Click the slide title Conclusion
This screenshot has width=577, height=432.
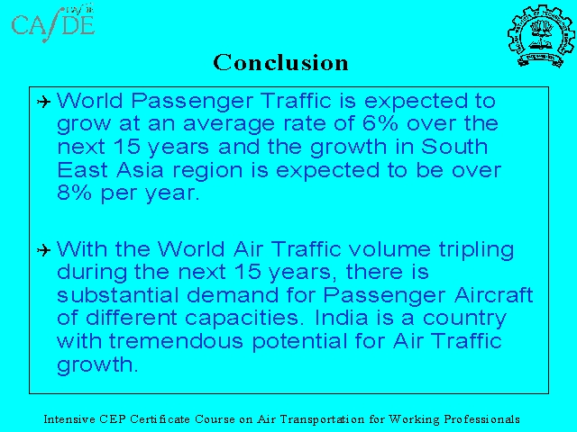pos(280,62)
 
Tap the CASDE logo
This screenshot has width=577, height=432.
pos(52,23)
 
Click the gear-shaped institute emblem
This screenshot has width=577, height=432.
pos(541,36)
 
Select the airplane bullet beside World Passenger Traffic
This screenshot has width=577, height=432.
pos(43,102)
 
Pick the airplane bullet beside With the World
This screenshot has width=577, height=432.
pos(43,250)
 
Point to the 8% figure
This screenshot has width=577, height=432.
pos(74,193)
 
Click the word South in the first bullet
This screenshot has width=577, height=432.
pos(454,147)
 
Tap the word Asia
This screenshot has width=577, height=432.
pos(140,170)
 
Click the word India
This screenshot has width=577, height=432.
pos(341,318)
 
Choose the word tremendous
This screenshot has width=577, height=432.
pos(176,341)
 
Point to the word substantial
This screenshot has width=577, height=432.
pos(118,294)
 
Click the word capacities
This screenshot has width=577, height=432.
pos(242,318)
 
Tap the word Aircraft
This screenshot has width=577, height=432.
pos(493,294)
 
